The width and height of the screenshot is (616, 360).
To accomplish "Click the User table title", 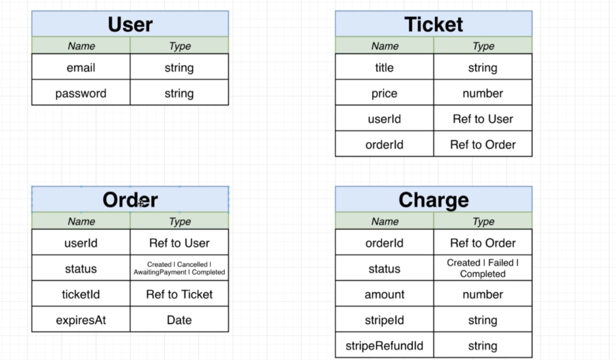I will tap(130, 24).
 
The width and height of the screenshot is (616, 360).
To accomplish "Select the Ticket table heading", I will tap(434, 24).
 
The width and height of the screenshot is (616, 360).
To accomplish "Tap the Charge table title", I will tap(434, 200).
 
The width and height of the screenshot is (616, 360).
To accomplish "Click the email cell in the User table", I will tap(81, 68).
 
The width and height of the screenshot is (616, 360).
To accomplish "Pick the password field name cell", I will tap(81, 93).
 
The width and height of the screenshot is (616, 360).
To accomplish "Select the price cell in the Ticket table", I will tap(384, 93).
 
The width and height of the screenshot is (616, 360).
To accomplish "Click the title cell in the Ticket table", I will tap(384, 68).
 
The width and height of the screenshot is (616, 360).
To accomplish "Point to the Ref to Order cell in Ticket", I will tap(483, 145).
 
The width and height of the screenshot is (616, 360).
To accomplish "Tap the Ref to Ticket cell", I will tap(179, 295).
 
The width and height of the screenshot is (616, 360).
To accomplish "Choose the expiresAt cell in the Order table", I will tap(81, 320).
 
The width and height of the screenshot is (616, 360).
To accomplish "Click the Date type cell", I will tap(179, 320).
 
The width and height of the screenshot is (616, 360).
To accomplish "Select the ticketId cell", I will tap(81, 295).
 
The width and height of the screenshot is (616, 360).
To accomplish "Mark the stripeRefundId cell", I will tap(384, 346).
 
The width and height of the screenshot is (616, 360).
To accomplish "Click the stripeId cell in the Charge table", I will tap(384, 320).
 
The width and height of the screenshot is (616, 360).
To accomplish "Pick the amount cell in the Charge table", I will tap(384, 295).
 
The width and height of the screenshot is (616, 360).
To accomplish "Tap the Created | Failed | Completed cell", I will tap(483, 269).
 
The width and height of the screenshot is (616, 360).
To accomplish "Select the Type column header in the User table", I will tap(179, 46).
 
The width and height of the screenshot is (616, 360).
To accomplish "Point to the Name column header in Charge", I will tap(385, 222).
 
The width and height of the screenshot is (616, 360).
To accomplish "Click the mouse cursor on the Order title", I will tap(140, 203).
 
